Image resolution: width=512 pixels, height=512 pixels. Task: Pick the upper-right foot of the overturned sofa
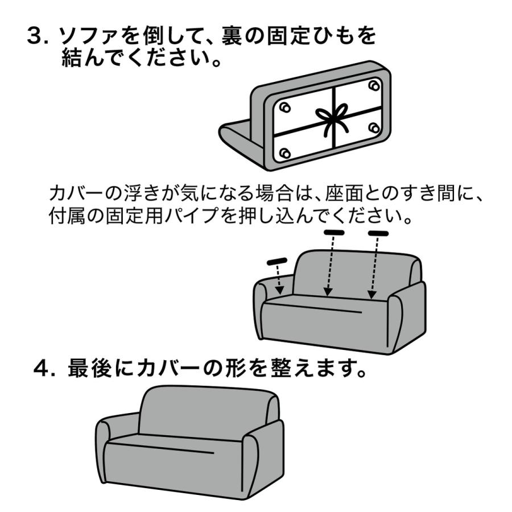click(373, 85)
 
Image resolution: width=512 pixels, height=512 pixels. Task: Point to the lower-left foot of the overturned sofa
click(286, 153)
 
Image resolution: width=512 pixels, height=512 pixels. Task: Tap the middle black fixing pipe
click(334, 233)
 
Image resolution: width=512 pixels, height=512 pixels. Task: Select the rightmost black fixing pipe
click(378, 233)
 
